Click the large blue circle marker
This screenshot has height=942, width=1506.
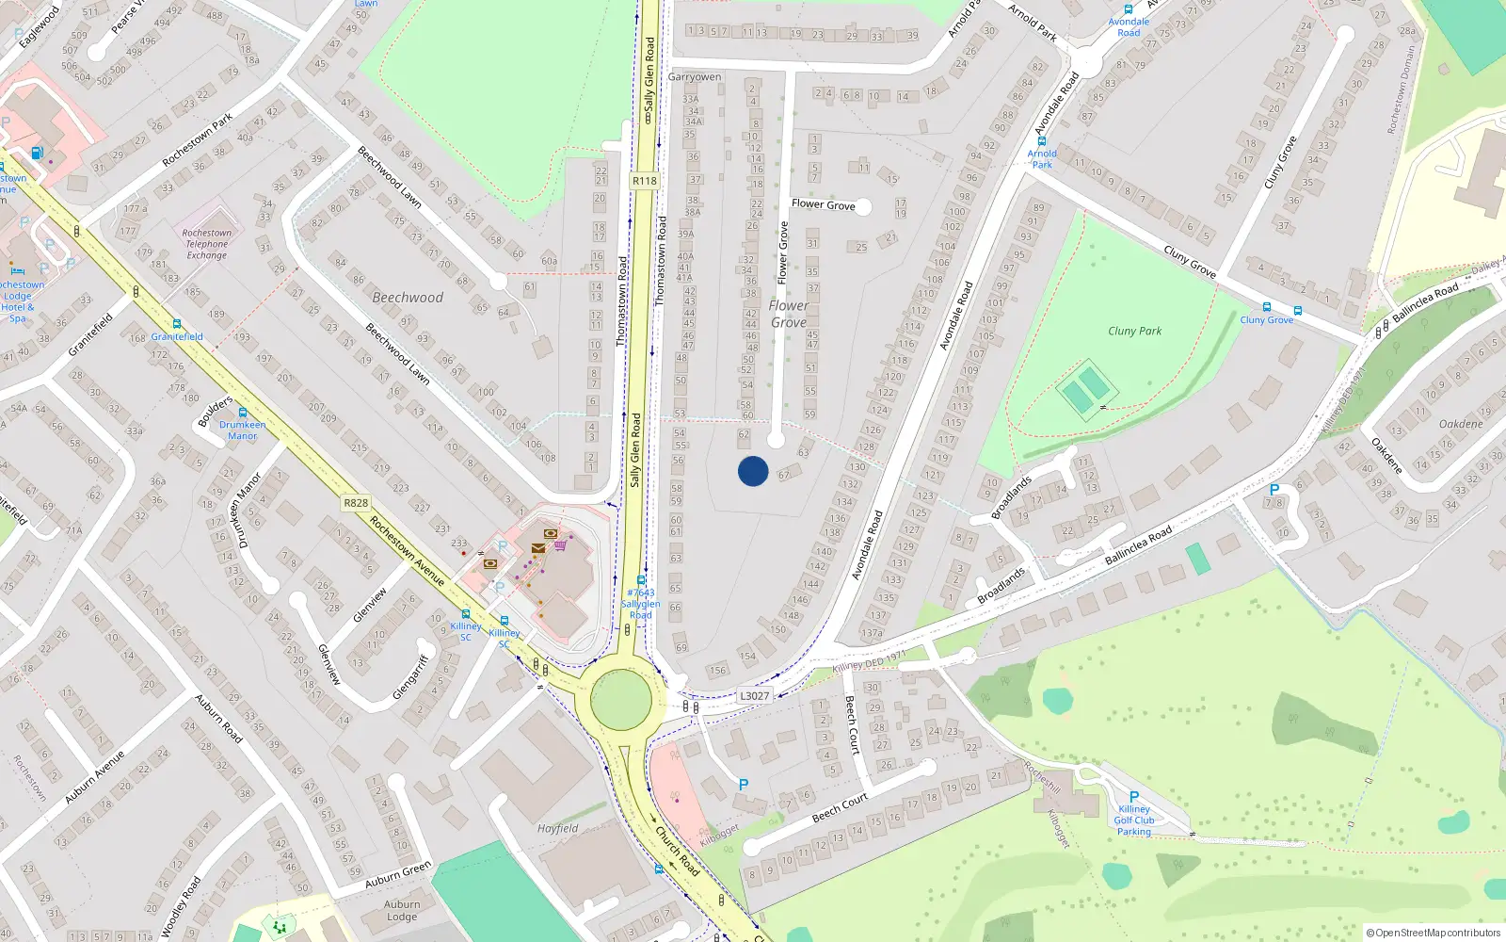point(753,471)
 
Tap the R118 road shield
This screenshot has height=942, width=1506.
point(645,181)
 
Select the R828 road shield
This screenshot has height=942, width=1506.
point(356,503)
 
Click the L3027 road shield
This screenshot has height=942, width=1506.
point(754,696)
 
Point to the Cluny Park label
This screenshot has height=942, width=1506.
point(1134,331)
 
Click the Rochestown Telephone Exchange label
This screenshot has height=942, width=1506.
point(206,244)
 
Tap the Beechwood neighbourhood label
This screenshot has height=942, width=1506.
point(408,298)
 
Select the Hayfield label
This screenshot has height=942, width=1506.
point(557,829)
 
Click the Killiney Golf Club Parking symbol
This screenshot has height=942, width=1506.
point(1134,797)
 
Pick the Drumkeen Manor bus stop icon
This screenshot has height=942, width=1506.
point(243,413)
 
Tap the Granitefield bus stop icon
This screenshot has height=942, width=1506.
point(177,325)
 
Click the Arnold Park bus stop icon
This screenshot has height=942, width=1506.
point(1042,141)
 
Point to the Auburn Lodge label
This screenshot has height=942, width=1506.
point(402,911)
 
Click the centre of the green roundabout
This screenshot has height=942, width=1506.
point(620,701)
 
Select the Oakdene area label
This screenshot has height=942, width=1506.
point(1461,424)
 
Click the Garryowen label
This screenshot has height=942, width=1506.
point(695,77)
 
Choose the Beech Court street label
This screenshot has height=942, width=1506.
point(841,807)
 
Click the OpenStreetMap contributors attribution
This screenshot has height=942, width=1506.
point(1434,934)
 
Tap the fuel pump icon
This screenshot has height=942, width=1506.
point(37,154)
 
